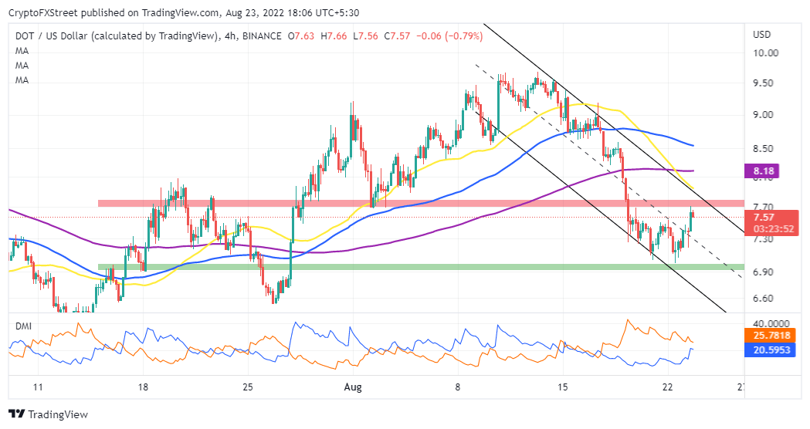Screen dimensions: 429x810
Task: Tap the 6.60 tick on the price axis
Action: tap(763, 299)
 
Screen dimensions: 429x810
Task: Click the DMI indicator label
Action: tap(23, 326)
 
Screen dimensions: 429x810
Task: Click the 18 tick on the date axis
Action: tap(143, 387)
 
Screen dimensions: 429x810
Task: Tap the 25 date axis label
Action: tap(247, 387)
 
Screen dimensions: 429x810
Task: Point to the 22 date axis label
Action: tap(668, 387)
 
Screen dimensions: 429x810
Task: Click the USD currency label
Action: tap(762, 35)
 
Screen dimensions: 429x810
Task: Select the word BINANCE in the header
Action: tap(259, 35)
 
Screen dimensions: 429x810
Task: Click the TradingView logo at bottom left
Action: tap(48, 414)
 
